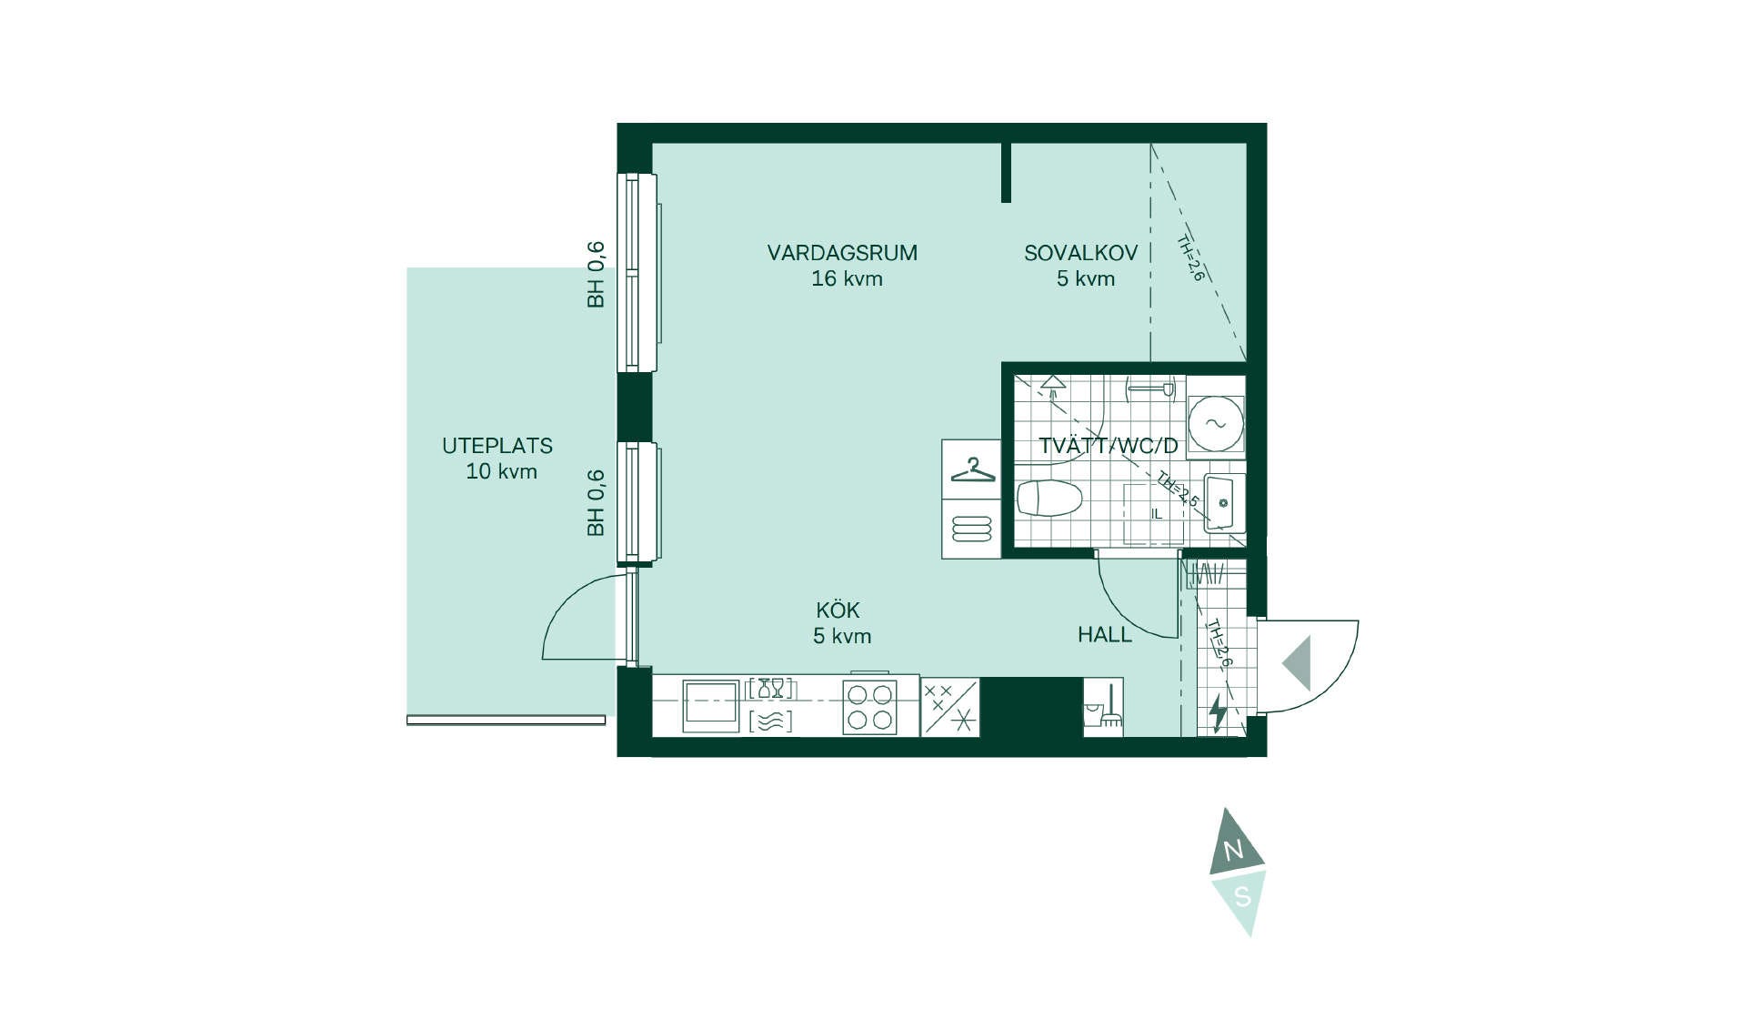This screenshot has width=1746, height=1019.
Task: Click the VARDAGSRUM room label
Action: click(x=842, y=253)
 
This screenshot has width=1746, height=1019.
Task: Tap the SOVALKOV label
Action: click(x=1081, y=253)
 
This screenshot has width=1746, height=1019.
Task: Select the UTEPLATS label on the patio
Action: click(x=497, y=446)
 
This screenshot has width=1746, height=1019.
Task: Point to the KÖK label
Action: click(x=838, y=610)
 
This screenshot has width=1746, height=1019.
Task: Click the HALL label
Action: click(x=1105, y=635)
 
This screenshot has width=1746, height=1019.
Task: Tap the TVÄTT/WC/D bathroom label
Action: click(x=1109, y=446)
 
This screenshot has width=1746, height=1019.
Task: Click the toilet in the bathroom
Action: click(x=1049, y=499)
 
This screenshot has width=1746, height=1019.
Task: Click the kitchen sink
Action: click(x=711, y=705)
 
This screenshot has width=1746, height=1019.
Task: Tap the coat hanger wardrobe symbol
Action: click(x=971, y=470)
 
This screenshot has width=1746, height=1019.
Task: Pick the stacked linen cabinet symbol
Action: click(x=971, y=529)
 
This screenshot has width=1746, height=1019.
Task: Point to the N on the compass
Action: click(x=1234, y=851)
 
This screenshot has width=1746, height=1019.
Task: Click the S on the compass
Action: click(x=1242, y=898)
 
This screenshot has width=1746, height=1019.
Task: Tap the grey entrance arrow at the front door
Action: click(x=1297, y=663)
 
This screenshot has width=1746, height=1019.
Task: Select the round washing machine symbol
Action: click(x=1216, y=424)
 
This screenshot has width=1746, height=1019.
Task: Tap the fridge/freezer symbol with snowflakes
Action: click(x=950, y=707)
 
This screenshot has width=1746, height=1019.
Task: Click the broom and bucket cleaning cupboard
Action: click(x=1103, y=707)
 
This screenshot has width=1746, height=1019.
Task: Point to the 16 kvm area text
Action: click(x=847, y=278)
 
